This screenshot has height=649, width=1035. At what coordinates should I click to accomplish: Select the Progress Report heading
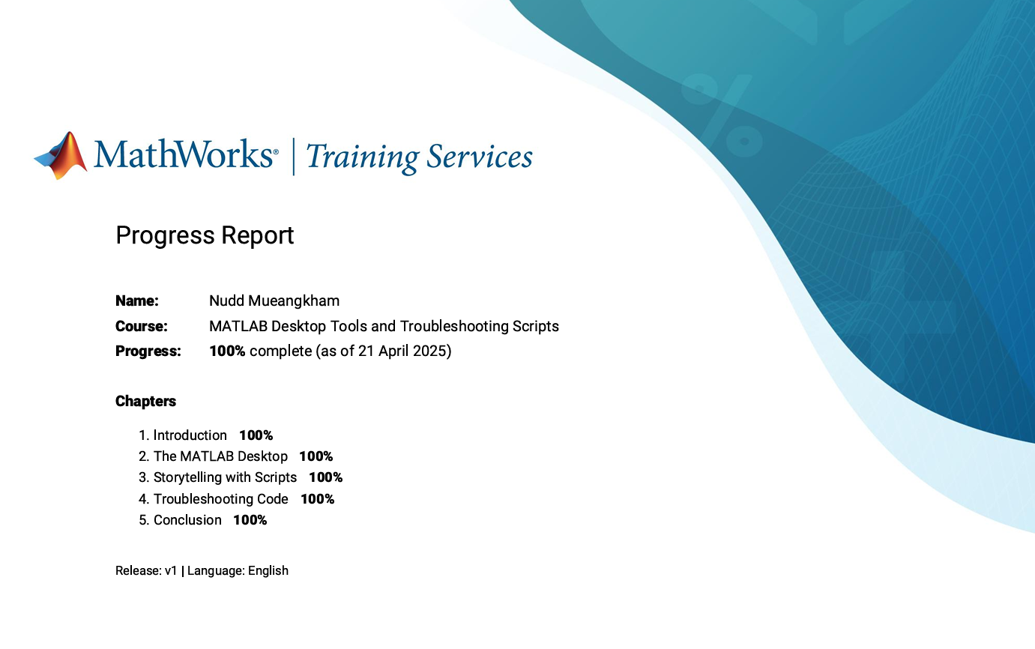point(205,235)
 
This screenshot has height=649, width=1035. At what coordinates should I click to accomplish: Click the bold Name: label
point(136,301)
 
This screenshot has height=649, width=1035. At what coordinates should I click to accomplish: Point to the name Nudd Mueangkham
point(274,301)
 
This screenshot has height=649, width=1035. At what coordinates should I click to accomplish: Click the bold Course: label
point(142,326)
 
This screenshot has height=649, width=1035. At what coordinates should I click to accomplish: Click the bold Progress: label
point(148,351)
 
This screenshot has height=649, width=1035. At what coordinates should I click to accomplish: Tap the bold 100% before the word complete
point(227,351)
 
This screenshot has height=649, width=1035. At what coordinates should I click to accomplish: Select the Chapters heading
point(145,401)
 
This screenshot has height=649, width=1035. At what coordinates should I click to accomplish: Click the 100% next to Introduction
point(256,435)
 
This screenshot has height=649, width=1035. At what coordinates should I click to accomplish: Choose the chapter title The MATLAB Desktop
point(220,456)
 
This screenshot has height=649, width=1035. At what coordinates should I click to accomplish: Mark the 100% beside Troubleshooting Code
point(318,499)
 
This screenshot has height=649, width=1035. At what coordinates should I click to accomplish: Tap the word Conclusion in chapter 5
point(187,520)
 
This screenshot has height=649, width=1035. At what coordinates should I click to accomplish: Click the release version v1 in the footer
point(171,570)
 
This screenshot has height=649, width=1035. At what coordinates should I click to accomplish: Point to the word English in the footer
point(268,571)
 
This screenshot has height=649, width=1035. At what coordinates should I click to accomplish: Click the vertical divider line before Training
point(293,157)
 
